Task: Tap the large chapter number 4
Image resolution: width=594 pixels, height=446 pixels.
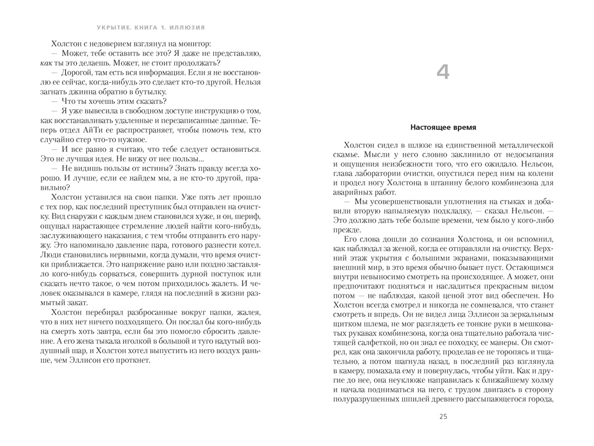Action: pos(442,72)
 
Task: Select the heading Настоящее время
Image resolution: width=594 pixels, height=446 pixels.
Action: pos(443,128)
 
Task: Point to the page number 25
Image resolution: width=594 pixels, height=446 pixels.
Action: pos(443,416)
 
